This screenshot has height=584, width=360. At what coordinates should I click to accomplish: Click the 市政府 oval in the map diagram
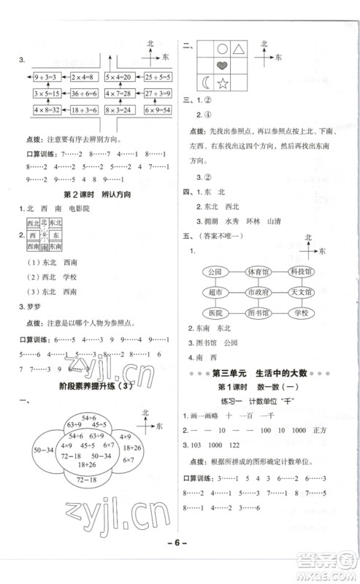click(257, 293)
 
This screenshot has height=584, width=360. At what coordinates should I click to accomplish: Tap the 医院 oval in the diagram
click(215, 313)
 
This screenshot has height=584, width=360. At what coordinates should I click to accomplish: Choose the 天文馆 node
click(299, 293)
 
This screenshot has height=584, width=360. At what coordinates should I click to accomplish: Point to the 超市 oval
click(215, 293)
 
